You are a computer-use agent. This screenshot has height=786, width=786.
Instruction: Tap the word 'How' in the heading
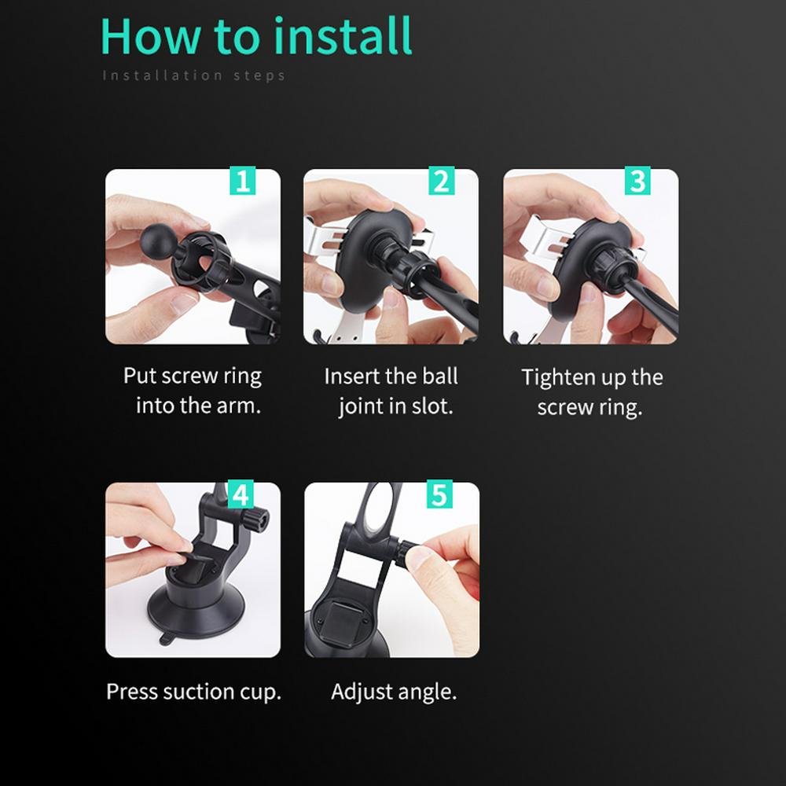(x=150, y=36)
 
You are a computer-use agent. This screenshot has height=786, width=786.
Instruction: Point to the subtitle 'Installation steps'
(x=194, y=75)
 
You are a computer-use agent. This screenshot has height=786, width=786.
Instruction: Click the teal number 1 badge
(x=243, y=181)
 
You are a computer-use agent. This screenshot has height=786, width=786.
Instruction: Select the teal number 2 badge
(x=442, y=181)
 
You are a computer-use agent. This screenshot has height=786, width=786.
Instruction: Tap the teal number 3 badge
(x=637, y=181)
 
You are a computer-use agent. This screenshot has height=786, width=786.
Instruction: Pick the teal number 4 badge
(x=241, y=494)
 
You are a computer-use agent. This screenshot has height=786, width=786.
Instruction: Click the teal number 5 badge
(x=439, y=494)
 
